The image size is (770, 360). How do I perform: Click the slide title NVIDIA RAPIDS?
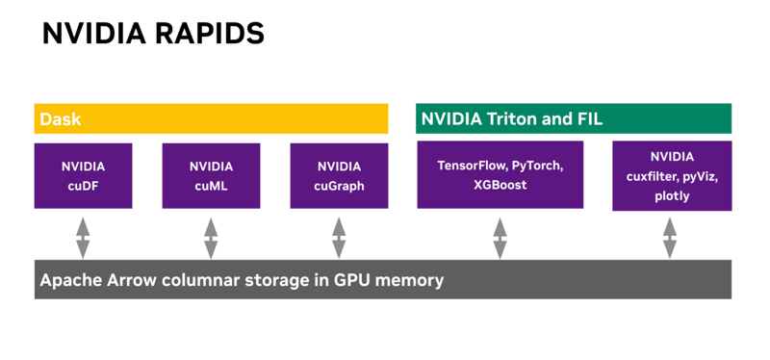(153, 34)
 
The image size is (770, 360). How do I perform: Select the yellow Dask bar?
(211, 119)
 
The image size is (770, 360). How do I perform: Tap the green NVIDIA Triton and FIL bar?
(573, 119)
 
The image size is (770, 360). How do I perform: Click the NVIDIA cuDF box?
(83, 176)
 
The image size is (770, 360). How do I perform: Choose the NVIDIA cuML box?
(211, 176)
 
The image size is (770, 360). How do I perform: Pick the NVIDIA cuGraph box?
(339, 176)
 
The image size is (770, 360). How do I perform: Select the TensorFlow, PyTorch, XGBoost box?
(500, 174)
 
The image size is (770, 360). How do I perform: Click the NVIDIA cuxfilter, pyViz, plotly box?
(671, 176)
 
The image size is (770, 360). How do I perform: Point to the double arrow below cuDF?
(83, 237)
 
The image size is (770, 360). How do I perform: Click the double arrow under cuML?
(211, 237)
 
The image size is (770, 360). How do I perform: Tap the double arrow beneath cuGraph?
(339, 237)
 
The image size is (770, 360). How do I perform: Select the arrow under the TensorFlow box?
(500, 237)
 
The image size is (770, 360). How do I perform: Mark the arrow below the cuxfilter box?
(670, 237)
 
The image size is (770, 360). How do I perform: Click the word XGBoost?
(500, 185)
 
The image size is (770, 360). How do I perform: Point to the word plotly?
(671, 196)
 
